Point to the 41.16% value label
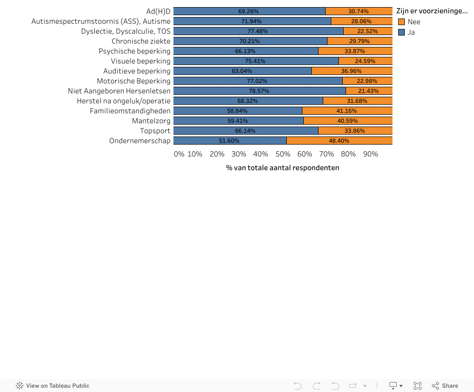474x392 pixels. (347, 111)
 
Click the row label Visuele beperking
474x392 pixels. (140, 61)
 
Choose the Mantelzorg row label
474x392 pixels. (151, 121)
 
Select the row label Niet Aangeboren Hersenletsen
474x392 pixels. (119, 91)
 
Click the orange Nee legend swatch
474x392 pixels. (401, 22)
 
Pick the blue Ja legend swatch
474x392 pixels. (401, 32)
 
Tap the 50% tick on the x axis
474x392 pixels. (283, 154)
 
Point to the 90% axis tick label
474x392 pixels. (370, 154)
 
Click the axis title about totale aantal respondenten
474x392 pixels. (283, 168)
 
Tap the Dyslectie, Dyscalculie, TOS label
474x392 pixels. (126, 31)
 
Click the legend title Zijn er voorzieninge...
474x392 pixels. (432, 11)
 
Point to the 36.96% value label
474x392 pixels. (351, 71)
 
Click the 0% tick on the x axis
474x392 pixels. (179, 154)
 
